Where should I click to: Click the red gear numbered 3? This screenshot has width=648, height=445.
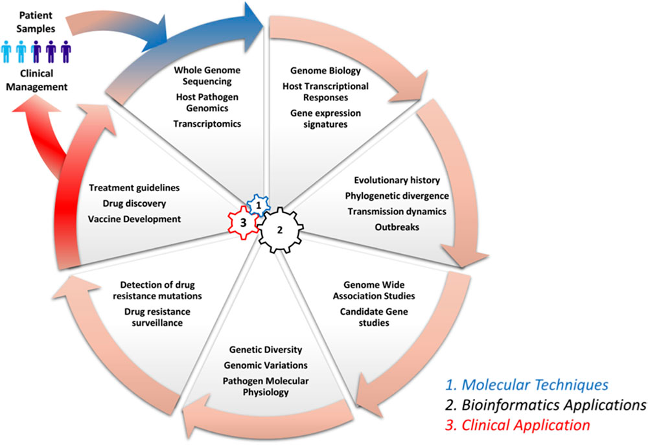point(243,223)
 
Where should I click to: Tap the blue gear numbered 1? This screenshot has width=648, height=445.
point(259,205)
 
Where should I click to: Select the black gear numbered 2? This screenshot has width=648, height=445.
point(280,230)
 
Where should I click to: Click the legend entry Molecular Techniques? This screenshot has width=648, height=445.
point(526,385)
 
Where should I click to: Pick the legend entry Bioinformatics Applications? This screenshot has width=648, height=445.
point(546,405)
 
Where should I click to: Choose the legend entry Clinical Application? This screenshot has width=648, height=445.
point(517,425)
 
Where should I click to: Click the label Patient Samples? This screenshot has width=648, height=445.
point(36,22)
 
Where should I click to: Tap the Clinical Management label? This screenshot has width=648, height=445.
point(36,80)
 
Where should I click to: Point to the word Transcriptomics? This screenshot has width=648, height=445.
point(207,124)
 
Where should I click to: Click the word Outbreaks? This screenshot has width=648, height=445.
point(397,227)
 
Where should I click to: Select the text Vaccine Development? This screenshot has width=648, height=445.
point(134,219)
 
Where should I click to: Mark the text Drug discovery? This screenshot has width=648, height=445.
point(134,203)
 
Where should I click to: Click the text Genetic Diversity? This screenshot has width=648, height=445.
point(266,350)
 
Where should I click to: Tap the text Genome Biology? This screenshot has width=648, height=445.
point(325,71)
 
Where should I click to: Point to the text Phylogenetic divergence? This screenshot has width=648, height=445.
point(397,196)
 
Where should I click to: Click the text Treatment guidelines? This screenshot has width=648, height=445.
point(134,188)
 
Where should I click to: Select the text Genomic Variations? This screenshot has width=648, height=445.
point(266,365)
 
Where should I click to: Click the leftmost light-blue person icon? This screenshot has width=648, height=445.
point(6,52)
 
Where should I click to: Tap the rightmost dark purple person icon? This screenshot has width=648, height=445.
point(65,52)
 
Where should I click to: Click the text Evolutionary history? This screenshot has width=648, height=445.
point(397,180)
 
